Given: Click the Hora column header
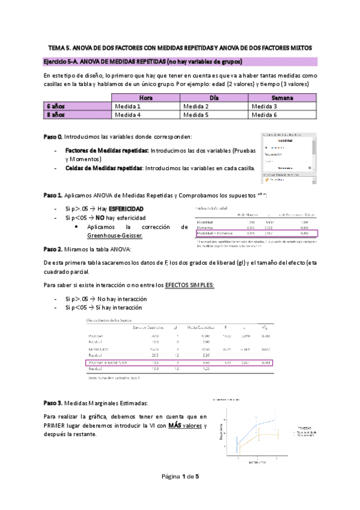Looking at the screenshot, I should [145, 97].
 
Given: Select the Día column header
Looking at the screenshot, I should [214, 97].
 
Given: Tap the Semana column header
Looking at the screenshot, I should [282, 97].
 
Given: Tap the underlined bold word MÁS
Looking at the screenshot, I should [174, 425].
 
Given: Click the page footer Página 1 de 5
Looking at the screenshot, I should [180, 476].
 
